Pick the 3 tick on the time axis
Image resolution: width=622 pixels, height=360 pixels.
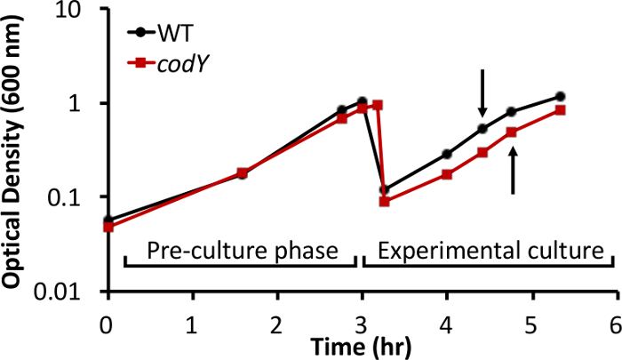tap(362, 320)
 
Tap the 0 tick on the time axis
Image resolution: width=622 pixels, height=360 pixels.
tap(108, 320)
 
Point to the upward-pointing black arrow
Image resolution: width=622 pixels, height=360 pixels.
tap(513, 171)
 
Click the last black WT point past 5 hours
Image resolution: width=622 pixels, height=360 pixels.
tap(560, 96)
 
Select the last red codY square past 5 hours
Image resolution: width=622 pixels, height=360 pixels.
tap(561, 110)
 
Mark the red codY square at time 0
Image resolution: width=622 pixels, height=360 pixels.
tap(108, 227)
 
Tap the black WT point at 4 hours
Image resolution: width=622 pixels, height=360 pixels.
tap(447, 154)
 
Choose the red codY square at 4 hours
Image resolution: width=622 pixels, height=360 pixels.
tap(447, 174)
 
